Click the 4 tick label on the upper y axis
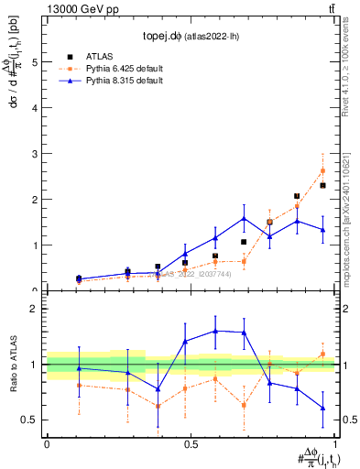(x=34, y=108)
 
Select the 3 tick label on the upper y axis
(x=34, y=154)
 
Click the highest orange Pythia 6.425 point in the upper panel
(x=322, y=170)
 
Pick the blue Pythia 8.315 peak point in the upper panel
(x=244, y=218)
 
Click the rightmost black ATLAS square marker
(x=322, y=186)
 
